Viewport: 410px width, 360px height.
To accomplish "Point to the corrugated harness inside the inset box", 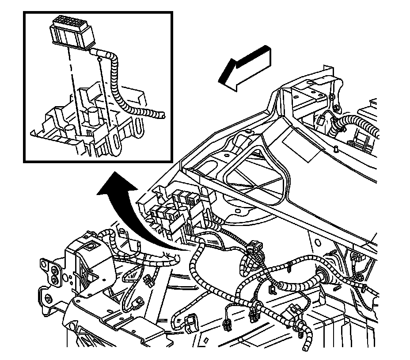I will tap(116, 84).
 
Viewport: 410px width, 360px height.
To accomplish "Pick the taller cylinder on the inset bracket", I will tap(93, 118).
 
